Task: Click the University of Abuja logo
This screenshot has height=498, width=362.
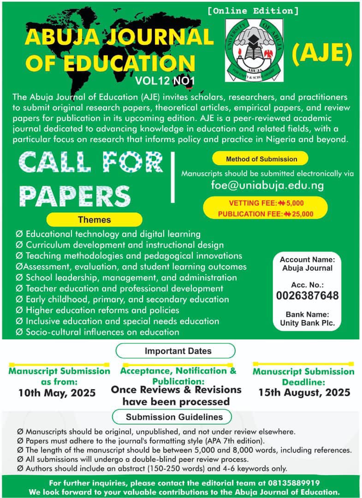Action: tap(254, 50)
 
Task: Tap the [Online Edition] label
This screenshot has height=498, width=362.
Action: tap(253, 10)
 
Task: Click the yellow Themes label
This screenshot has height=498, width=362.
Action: tap(94, 219)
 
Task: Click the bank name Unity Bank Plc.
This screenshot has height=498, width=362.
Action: tap(307, 323)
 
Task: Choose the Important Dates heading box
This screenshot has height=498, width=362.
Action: tap(175, 350)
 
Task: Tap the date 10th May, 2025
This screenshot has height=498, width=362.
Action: tap(57, 393)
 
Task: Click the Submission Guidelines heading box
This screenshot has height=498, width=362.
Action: tap(174, 417)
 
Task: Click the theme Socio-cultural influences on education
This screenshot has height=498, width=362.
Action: tap(102, 332)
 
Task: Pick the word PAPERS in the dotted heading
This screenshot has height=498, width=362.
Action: tap(75, 196)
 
